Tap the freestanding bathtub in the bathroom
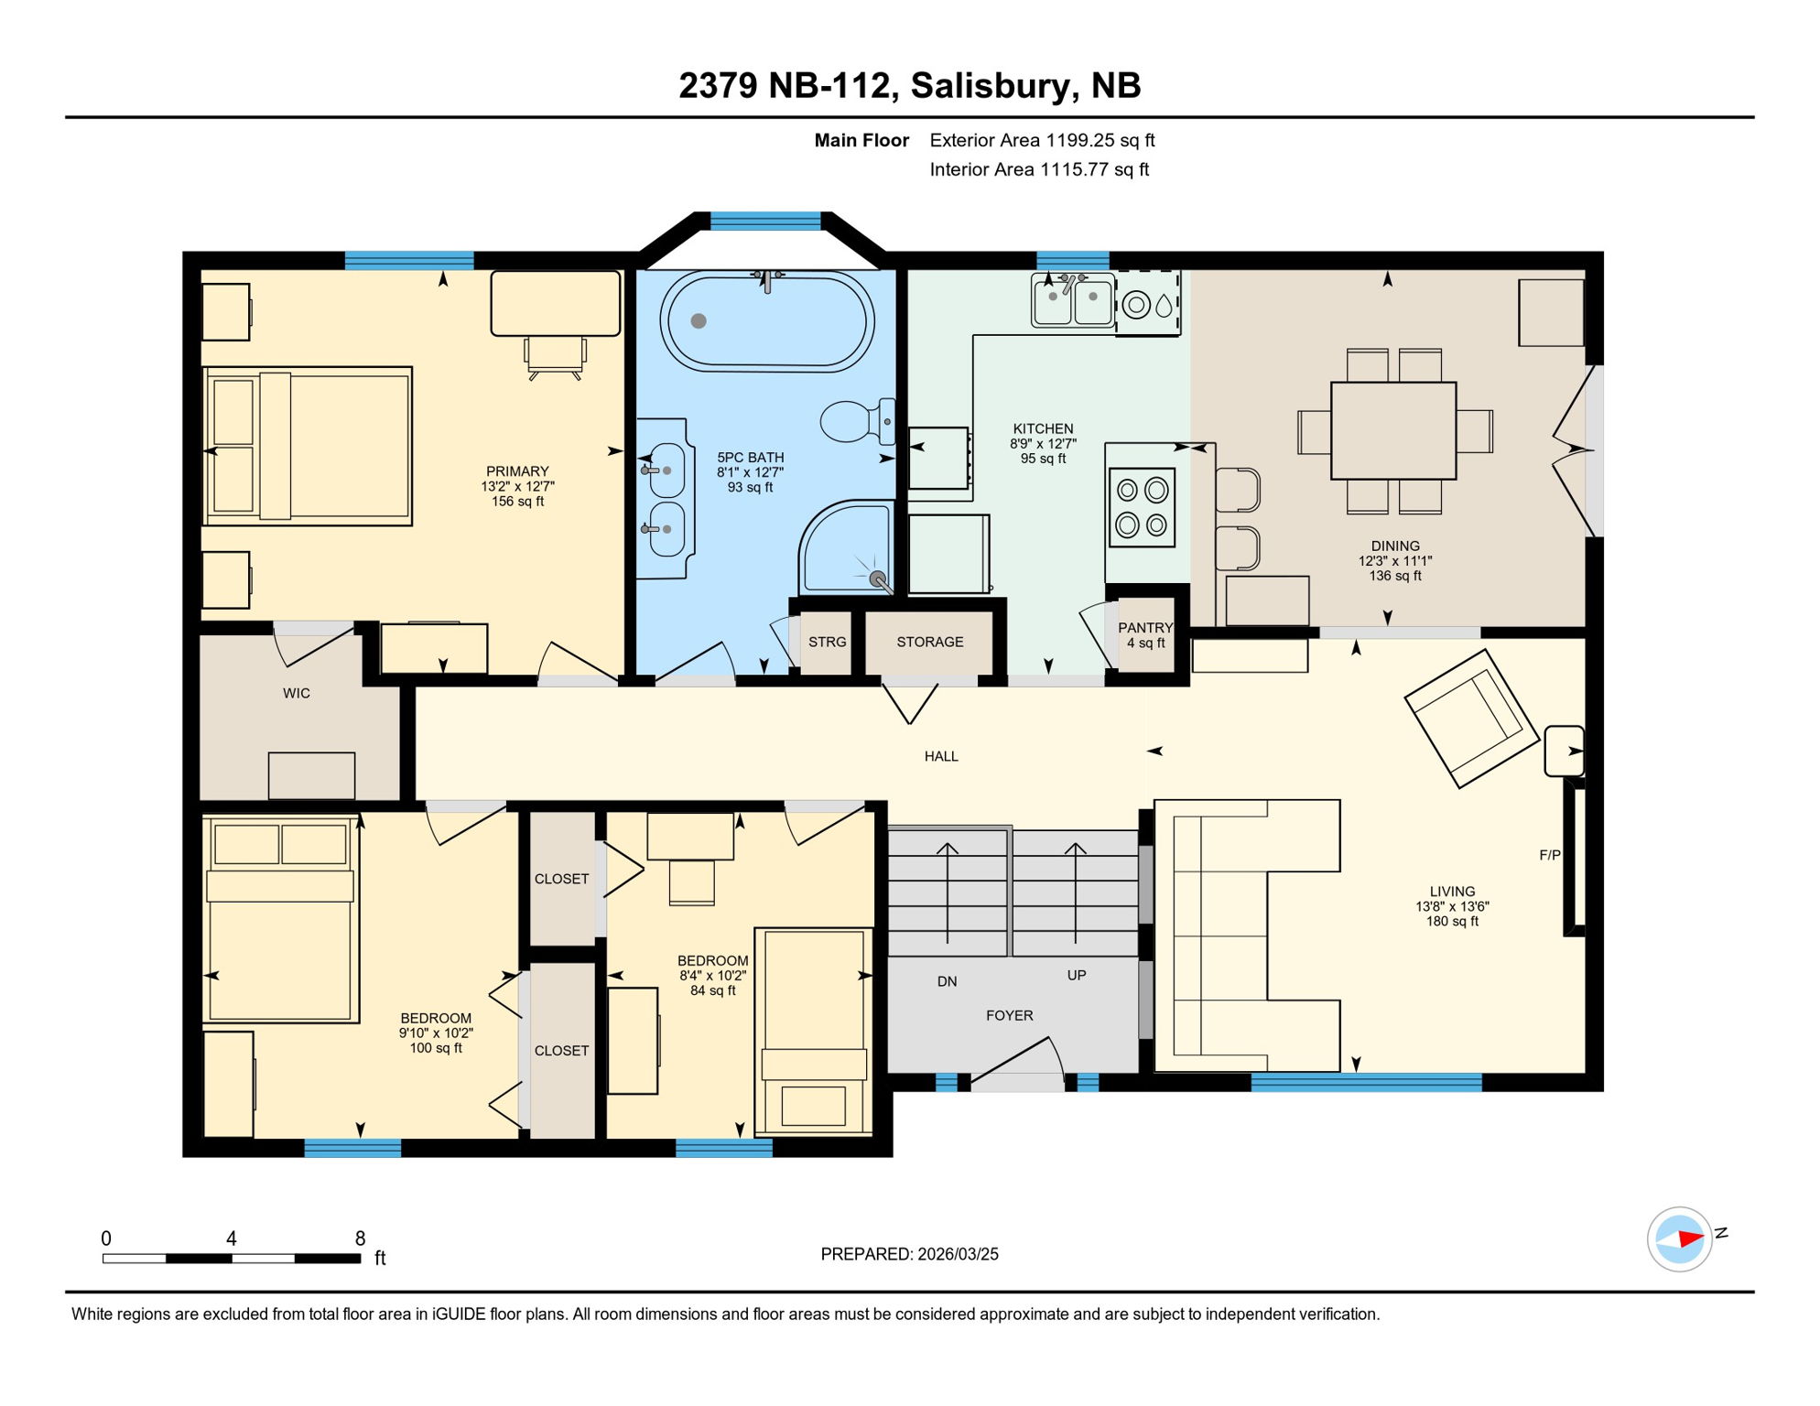[x=767, y=321]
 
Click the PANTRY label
[x=1145, y=628]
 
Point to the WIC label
[x=297, y=694]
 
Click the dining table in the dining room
[x=1393, y=430]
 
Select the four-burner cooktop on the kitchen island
[x=1142, y=508]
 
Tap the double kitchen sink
[x=1072, y=299]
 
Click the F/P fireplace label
[x=1549, y=855]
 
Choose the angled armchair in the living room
[x=1470, y=718]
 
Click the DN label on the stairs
[x=947, y=981]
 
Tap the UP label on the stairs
[x=1077, y=975]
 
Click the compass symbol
[x=1680, y=1239]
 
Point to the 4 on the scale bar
[x=232, y=1238]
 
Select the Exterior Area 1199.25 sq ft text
[x=1042, y=140]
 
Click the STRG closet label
[x=827, y=643]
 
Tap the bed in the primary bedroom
[x=309, y=446]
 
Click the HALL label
[x=941, y=756]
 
